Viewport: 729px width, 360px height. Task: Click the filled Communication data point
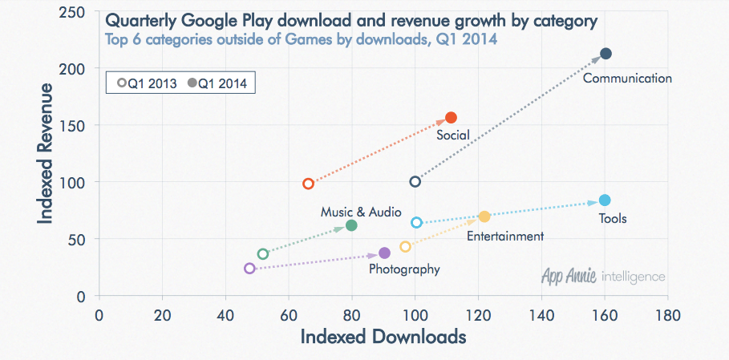pyautogui.click(x=606, y=54)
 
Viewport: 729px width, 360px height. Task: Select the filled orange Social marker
pyautogui.click(x=451, y=118)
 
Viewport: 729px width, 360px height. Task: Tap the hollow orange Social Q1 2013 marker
pyautogui.click(x=308, y=184)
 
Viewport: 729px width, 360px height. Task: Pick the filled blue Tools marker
pyautogui.click(x=605, y=200)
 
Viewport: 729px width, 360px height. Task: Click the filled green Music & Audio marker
pyautogui.click(x=351, y=226)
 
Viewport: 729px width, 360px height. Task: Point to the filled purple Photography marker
pyautogui.click(x=384, y=253)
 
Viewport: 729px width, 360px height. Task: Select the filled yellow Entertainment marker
pyautogui.click(x=484, y=216)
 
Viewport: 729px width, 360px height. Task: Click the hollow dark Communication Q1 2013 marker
pyautogui.click(x=415, y=182)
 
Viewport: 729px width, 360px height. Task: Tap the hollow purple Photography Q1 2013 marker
pyautogui.click(x=249, y=269)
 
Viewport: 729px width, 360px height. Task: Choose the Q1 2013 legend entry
pyautogui.click(x=147, y=83)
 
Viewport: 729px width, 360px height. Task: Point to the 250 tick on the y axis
pyautogui.click(x=75, y=12)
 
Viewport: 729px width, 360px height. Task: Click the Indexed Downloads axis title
pyautogui.click(x=383, y=338)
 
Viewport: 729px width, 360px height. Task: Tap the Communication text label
pyautogui.click(x=627, y=79)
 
